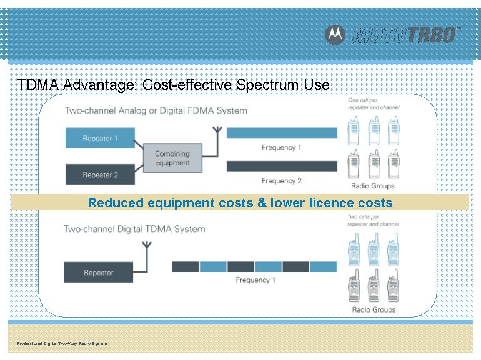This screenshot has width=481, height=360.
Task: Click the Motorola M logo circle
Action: (335, 34)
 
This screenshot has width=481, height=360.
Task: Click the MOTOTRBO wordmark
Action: (406, 34)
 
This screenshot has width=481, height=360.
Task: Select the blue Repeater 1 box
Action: (100, 138)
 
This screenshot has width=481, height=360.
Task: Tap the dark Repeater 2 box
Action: (100, 175)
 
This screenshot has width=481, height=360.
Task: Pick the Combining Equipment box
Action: (172, 158)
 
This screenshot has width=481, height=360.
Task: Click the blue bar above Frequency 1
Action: (282, 133)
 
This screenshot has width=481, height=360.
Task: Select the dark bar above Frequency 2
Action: (282, 166)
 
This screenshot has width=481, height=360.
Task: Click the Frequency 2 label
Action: (282, 181)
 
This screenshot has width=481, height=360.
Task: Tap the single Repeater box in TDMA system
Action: (99, 273)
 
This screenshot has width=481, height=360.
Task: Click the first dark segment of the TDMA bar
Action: (186, 267)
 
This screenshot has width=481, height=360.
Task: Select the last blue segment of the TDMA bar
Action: (324, 267)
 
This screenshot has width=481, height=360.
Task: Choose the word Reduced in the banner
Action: (116, 203)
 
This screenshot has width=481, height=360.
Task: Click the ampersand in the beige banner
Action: (262, 203)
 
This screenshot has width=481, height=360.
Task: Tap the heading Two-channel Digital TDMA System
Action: (134, 229)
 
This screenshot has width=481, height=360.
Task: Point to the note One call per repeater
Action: (374, 104)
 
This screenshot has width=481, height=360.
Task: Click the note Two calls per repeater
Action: (373, 221)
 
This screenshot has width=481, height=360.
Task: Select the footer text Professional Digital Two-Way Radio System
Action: (62, 343)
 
